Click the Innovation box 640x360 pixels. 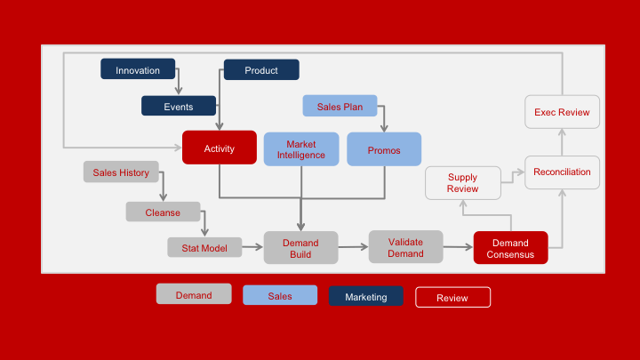point(138,70)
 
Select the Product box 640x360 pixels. point(261,70)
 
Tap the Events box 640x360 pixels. point(179,107)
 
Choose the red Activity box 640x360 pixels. point(220,148)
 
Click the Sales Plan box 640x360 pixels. point(340,106)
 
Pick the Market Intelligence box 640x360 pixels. point(301,149)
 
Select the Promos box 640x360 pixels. point(384,150)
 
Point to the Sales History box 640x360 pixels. point(121,172)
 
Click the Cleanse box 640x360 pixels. point(163,212)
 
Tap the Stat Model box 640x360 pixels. point(204,247)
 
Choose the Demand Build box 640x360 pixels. point(300,248)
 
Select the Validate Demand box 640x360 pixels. point(405,247)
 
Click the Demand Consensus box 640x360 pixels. point(510,248)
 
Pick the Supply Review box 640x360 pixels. point(462,183)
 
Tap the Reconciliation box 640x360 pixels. point(562,172)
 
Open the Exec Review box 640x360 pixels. point(562,112)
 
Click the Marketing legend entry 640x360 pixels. point(366,297)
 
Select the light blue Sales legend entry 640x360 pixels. point(280,297)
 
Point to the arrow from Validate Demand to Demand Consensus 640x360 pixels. point(458,248)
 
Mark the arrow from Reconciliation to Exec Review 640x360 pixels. point(562,141)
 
